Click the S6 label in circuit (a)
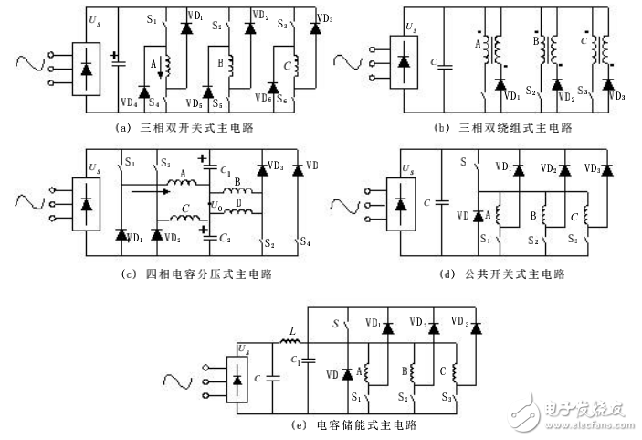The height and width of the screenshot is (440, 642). (x=283, y=97)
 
